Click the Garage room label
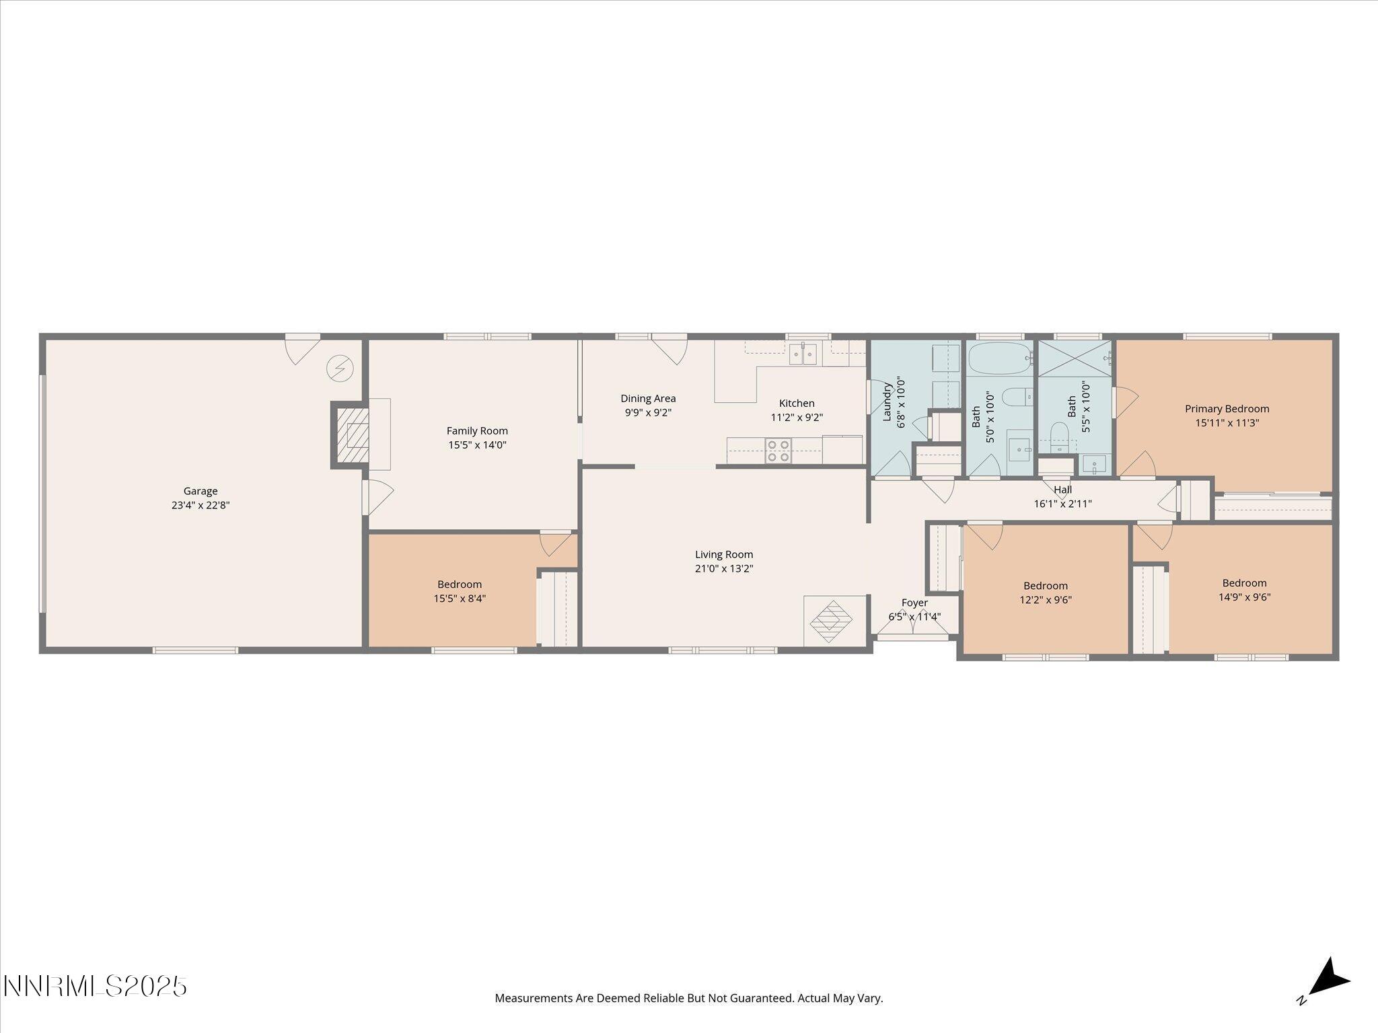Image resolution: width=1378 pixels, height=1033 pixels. tap(201, 491)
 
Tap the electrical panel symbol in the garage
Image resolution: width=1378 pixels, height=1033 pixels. tap(340, 369)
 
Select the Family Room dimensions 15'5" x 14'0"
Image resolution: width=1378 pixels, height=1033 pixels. tap(477, 445)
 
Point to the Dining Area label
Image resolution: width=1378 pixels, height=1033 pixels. tap(648, 399)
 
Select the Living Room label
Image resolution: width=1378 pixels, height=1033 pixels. tap(724, 555)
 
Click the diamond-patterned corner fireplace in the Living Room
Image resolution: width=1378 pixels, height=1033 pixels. tap(832, 621)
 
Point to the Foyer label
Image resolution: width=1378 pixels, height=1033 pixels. tap(914, 603)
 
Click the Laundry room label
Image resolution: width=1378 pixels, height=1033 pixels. tap(887, 402)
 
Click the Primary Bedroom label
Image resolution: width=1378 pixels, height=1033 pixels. tap(1227, 409)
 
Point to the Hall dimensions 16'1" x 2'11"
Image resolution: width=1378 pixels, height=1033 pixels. tap(1062, 504)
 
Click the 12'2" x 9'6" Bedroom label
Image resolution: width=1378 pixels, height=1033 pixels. tap(1046, 586)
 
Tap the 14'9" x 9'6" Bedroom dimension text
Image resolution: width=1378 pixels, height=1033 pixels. tap(1244, 597)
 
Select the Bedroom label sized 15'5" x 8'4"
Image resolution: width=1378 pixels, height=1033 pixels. tap(460, 584)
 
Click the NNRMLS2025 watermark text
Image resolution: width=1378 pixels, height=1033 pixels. tap(95, 987)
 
